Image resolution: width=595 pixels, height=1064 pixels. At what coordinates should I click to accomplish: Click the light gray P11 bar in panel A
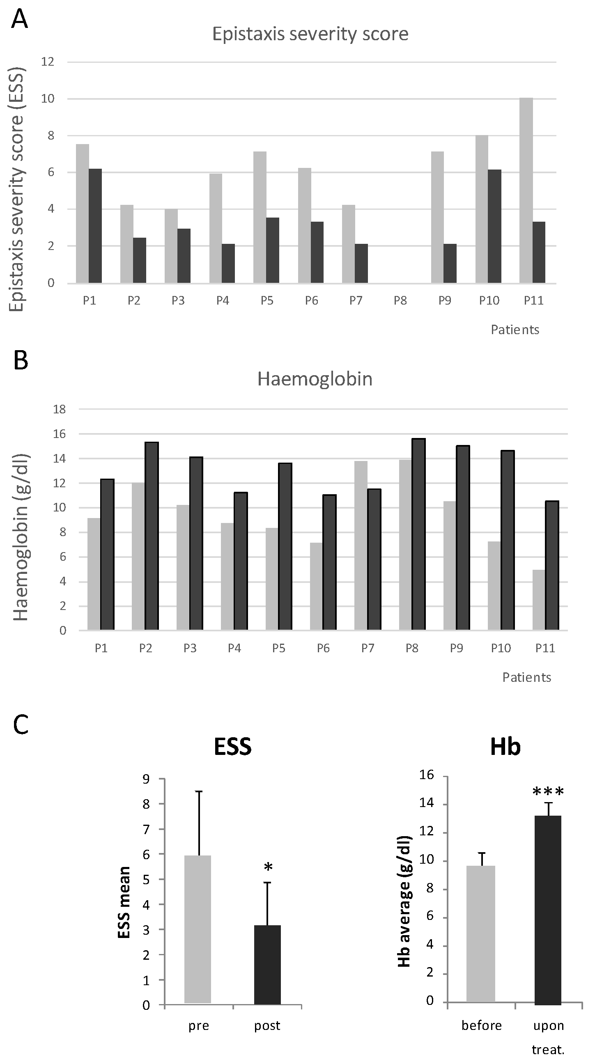pos(526,190)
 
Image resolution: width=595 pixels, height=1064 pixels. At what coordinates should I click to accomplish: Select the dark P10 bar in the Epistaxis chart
pos(494,226)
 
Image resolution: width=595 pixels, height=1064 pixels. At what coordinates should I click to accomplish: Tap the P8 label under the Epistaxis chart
pos(400,300)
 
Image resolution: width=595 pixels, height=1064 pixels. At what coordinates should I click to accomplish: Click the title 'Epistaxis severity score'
pos(310,34)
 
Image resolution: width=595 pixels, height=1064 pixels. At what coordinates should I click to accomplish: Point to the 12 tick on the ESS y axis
pos(48,62)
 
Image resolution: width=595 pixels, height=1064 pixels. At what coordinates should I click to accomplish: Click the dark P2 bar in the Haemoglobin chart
pos(152,536)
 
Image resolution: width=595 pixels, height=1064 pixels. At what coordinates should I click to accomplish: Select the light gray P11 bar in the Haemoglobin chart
pos(539,600)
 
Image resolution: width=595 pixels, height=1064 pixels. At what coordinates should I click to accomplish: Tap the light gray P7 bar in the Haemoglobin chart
pos(361,545)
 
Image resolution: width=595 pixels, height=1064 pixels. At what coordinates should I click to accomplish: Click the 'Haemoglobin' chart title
pos(315,379)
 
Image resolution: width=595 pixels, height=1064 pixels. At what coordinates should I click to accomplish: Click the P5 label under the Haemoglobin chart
pos(278,648)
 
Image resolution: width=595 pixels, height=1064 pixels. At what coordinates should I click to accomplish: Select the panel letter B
pos(21,360)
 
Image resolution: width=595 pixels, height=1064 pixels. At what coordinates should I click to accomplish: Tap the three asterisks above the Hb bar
pos(548,792)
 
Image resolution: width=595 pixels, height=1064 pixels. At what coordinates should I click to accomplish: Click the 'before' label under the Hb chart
pos(481,1025)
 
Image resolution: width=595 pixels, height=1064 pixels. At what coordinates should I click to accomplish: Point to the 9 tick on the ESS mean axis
pos(146,779)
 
